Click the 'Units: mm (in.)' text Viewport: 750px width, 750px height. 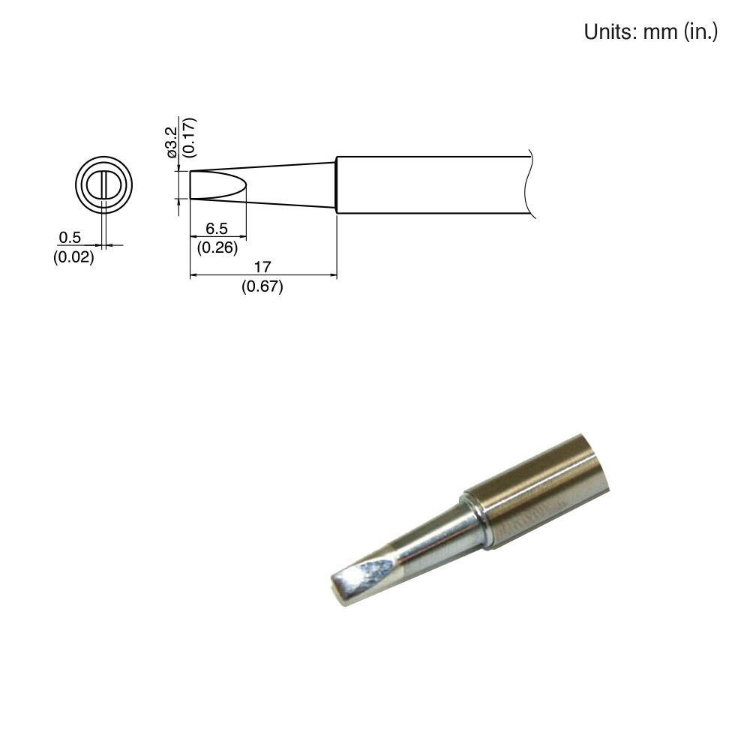[651, 32]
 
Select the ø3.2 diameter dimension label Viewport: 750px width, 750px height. [172, 141]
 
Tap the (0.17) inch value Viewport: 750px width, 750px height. [188, 136]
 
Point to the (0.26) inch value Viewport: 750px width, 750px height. [217, 247]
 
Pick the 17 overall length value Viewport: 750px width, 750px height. [262, 268]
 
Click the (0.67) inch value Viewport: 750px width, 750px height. [262, 286]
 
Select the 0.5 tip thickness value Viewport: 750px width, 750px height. [69, 238]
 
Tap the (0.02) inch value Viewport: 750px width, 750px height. [73, 258]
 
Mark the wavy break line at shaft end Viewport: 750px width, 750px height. [532, 184]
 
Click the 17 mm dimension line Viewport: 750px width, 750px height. [262, 276]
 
